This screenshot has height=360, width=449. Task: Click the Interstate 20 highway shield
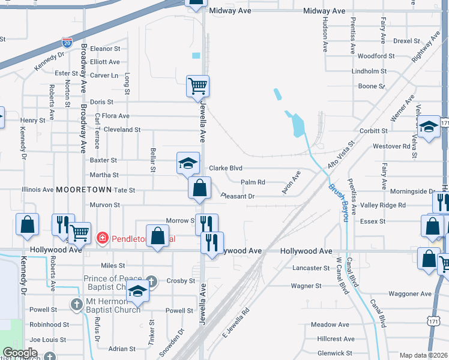coord(67,43)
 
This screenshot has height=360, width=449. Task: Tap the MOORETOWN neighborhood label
coord(84,190)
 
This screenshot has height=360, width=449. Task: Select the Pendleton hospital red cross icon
coord(102,238)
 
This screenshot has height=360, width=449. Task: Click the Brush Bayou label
coord(337,202)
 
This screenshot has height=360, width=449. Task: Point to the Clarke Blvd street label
coord(225,168)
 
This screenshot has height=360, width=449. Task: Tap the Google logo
coord(20,353)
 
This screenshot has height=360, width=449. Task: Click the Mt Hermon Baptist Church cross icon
coord(76,305)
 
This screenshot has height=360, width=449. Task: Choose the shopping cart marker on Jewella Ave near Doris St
coord(197,86)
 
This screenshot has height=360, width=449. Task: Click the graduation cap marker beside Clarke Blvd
coord(188,163)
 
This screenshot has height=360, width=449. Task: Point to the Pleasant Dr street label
coord(238,196)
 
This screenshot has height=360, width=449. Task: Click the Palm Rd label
coord(253,182)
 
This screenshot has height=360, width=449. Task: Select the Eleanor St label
coord(106,49)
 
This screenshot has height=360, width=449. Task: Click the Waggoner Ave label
coord(410,294)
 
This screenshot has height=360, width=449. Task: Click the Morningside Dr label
coord(413,191)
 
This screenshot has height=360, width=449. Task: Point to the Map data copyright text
coord(423,355)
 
